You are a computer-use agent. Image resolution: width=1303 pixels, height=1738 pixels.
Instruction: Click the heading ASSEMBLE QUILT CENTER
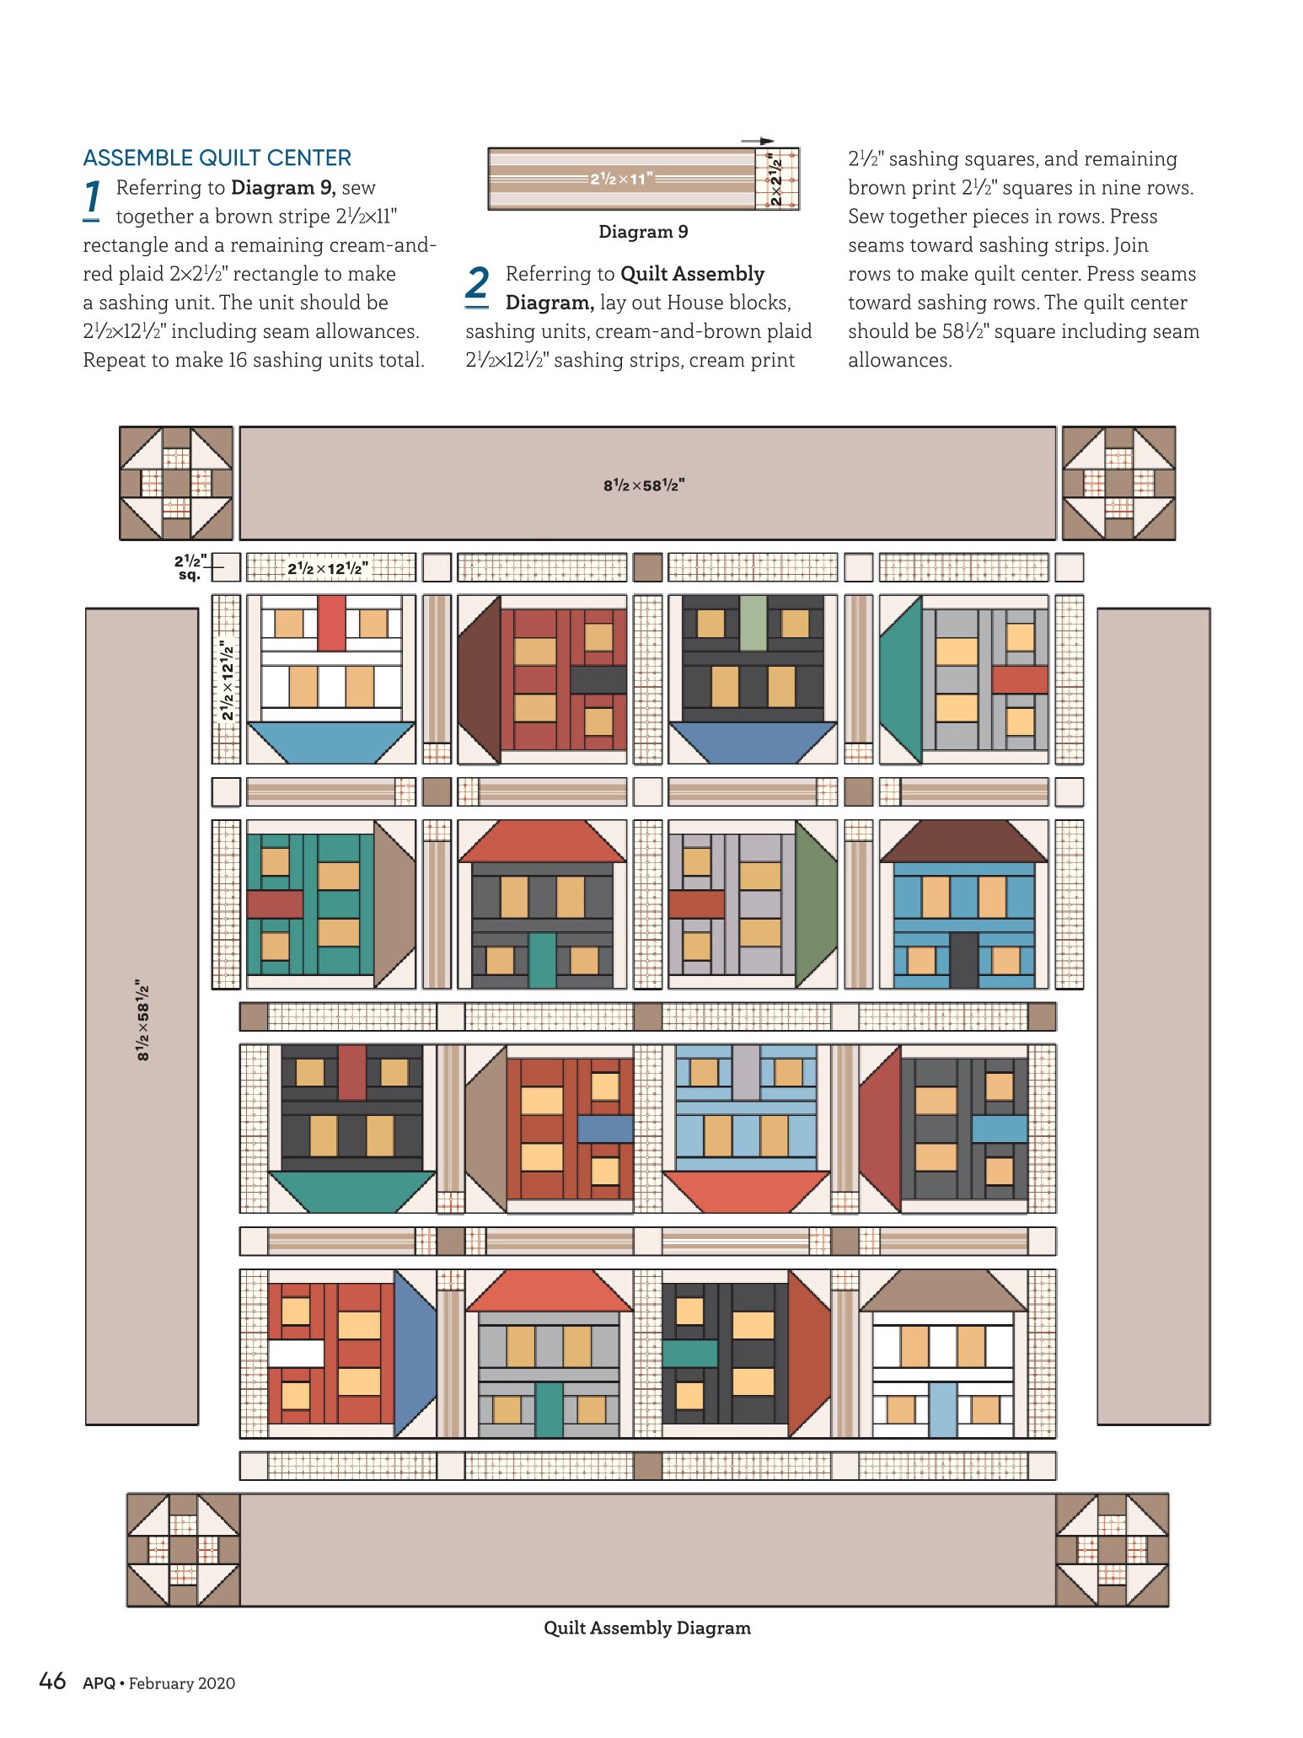(x=217, y=158)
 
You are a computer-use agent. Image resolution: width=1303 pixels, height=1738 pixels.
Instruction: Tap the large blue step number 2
(x=477, y=284)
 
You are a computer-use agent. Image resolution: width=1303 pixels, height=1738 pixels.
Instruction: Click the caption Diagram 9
(x=643, y=232)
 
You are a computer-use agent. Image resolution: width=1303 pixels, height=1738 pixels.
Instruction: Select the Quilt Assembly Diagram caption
(x=647, y=1628)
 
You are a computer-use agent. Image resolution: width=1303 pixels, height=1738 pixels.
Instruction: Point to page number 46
(x=52, y=1681)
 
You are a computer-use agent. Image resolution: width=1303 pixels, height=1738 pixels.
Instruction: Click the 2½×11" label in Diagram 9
(x=621, y=179)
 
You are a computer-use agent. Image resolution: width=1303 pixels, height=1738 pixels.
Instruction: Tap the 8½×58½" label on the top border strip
(x=644, y=485)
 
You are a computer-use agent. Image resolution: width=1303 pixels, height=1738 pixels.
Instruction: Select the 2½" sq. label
(x=189, y=567)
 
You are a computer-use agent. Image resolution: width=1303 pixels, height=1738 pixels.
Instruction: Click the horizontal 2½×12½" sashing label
(x=328, y=568)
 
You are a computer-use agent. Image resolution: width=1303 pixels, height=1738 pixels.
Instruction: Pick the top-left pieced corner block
(x=176, y=483)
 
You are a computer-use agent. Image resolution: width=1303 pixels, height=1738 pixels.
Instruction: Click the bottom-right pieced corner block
(x=1112, y=1549)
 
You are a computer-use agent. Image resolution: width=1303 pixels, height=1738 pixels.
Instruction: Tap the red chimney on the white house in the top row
(x=331, y=623)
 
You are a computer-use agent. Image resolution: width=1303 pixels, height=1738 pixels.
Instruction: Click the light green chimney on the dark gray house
(x=753, y=623)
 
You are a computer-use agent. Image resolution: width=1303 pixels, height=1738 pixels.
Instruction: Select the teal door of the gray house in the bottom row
(x=549, y=1409)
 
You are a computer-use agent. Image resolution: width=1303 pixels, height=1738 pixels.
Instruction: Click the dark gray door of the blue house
(x=963, y=960)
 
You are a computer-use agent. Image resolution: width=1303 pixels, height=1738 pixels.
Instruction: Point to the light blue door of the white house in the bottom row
(x=943, y=1409)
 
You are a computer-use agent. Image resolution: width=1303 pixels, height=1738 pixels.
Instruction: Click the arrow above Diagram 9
(x=757, y=142)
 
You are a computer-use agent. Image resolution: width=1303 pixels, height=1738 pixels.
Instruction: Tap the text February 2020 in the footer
(x=182, y=1683)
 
